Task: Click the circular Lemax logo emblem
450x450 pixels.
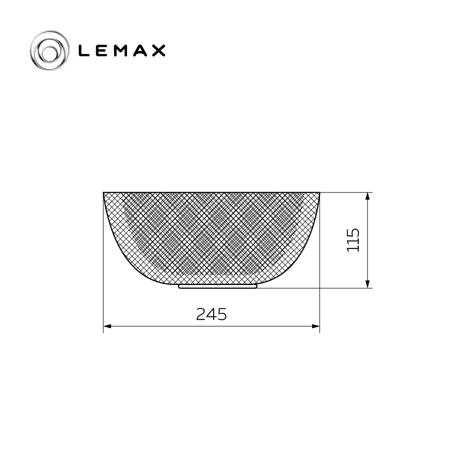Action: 49,50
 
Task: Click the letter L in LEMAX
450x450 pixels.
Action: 84,50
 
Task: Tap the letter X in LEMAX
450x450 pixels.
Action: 158,50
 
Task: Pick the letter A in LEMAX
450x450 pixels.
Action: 139,50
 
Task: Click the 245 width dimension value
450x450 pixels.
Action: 211,314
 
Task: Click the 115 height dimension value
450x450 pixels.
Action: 353,240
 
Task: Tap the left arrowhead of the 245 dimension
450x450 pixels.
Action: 107,326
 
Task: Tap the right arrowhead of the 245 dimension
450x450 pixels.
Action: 316,326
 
